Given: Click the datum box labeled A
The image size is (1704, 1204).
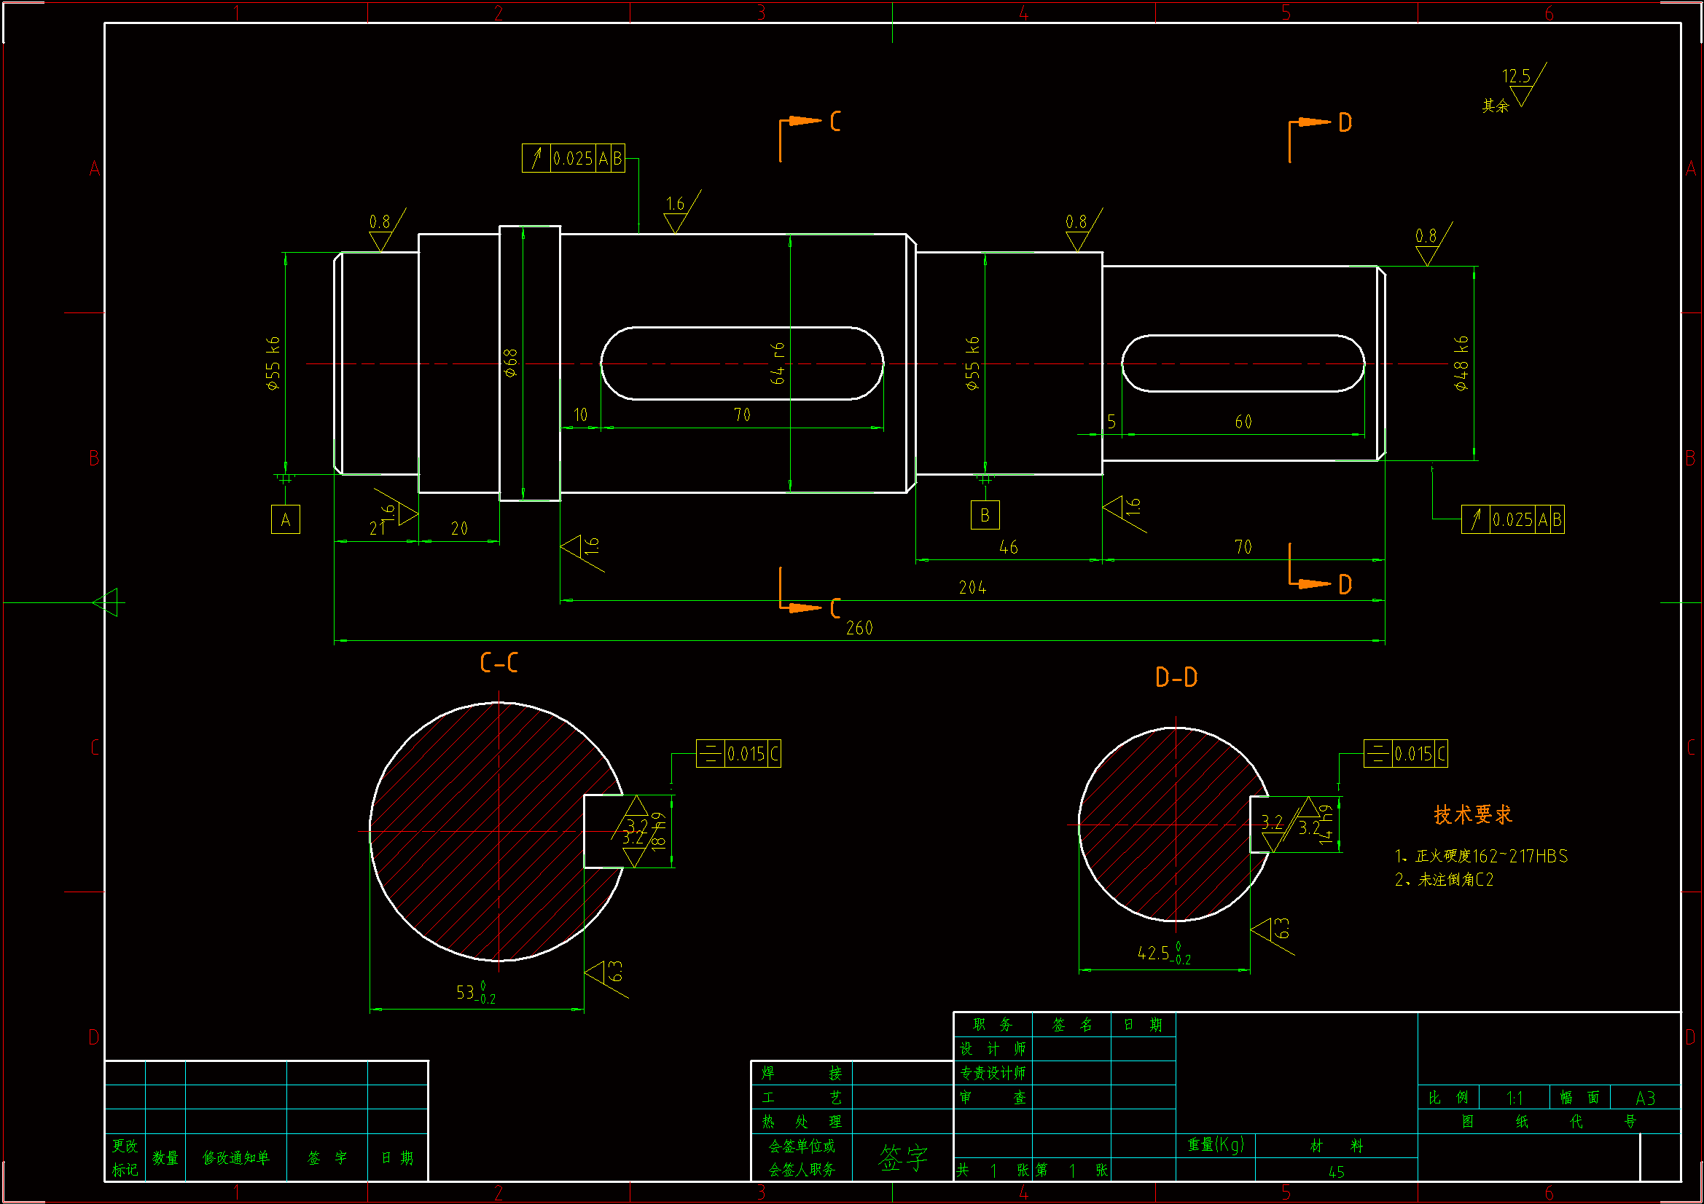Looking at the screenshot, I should tap(285, 519).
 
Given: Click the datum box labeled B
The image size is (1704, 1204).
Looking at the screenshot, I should tap(985, 515).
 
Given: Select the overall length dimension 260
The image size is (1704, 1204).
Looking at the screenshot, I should tap(859, 629).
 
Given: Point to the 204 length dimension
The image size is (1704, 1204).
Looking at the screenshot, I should tap(972, 589).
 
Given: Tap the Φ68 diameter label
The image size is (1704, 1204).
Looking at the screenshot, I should tap(511, 363).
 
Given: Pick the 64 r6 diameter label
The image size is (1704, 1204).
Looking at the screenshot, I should tap(777, 363).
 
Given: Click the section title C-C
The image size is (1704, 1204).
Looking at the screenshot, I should tap(499, 664).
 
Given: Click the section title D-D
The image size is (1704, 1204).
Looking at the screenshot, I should tap(1176, 677).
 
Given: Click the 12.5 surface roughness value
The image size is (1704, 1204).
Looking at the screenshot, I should tap(1516, 76).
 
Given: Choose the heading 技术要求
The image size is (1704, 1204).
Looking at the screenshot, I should tap(1472, 815).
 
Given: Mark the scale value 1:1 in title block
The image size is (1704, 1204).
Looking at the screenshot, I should tap(1515, 1098).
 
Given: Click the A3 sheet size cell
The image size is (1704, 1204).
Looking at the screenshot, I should tap(1645, 1098).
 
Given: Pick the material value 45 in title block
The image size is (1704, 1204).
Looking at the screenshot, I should tap(1336, 1172).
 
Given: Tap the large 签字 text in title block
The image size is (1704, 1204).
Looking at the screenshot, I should tap(902, 1158).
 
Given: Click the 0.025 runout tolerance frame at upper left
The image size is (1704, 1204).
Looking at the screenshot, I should tap(573, 159).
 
